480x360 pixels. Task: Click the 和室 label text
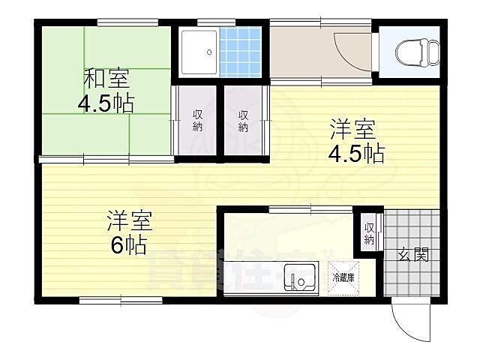(106, 78)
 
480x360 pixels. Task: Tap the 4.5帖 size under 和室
(106, 102)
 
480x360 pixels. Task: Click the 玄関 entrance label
(412, 255)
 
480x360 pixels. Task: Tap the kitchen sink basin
(300, 278)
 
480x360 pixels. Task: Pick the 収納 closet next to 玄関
(369, 233)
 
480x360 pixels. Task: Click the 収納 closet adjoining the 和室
(196, 121)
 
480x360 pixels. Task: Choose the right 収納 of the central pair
(244, 121)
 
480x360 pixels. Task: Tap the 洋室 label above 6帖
(129, 221)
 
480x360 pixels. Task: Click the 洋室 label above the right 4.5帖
(353, 130)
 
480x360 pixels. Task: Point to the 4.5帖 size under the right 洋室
(355, 154)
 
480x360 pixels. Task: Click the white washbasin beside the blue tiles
(197, 51)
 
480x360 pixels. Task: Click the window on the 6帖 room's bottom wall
(121, 301)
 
